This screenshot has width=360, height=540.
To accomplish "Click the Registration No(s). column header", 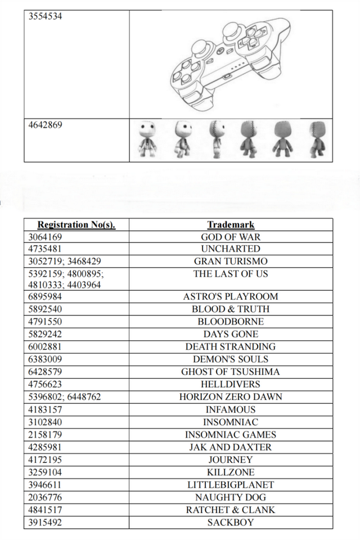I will coord(76,225).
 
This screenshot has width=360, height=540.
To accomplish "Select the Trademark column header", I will coord(231,225).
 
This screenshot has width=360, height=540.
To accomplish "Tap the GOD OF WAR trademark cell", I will coord(231,237).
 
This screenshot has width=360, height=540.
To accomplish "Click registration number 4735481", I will coord(46,249).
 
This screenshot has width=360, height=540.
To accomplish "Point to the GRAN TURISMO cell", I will coord(231,261).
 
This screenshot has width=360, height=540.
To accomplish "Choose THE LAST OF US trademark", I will coord(231,274).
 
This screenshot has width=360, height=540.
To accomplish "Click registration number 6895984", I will coord(46,296).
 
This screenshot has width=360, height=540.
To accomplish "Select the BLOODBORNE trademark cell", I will coord(231,322).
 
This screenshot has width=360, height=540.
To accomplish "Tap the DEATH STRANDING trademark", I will coord(231,346).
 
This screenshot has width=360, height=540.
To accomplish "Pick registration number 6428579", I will coord(46,372).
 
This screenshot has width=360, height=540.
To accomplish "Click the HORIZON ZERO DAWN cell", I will coord(231,397).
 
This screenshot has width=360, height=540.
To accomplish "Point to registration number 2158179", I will coord(46,434).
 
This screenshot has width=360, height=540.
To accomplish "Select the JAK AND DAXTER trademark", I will coord(231,447).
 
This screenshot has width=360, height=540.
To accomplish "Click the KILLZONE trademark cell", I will coord(231,472).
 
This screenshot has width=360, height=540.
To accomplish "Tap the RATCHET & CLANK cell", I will coord(231,510).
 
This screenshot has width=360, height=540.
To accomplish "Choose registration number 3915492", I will coord(46,523).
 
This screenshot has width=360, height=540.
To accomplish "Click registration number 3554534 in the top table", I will coord(46,16).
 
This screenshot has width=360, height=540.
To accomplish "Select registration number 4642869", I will coord(46,125).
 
